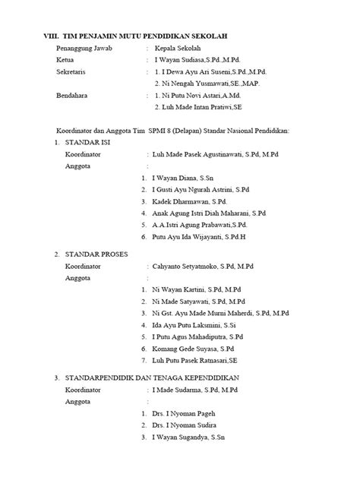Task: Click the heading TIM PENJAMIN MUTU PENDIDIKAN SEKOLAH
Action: coord(147,36)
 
